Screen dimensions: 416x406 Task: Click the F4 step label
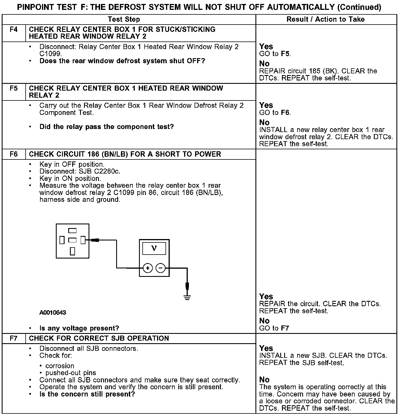pyautogui.click(x=14, y=29)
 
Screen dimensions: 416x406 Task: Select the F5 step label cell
pyautogui.click(x=14, y=88)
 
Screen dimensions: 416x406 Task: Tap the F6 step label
pyautogui.click(x=14, y=154)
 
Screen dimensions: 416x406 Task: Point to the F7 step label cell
pyautogui.click(x=14, y=338)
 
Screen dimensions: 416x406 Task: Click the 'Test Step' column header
pyautogui.click(x=124, y=19)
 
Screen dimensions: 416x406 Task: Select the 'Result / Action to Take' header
pyautogui.click(x=325, y=19)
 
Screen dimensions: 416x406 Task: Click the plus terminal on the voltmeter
pyautogui.click(x=148, y=268)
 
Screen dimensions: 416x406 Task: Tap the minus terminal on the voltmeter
pyautogui.click(x=160, y=268)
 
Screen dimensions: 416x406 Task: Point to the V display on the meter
pyautogui.click(x=154, y=249)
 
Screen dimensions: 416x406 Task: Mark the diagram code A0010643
pyautogui.click(x=53, y=312)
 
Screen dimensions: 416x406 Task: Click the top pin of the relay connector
pyautogui.click(x=72, y=231)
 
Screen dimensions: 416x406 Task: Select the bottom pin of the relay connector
pyautogui.click(x=72, y=251)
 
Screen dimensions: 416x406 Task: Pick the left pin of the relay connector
pyautogui.click(x=62, y=240)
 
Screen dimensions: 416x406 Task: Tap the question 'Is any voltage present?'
pyautogui.click(x=79, y=328)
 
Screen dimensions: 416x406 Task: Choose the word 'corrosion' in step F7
pyautogui.click(x=60, y=366)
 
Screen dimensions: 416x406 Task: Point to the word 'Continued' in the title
pyautogui.click(x=359, y=7)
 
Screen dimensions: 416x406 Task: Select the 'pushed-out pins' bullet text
pyautogui.click(x=71, y=373)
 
